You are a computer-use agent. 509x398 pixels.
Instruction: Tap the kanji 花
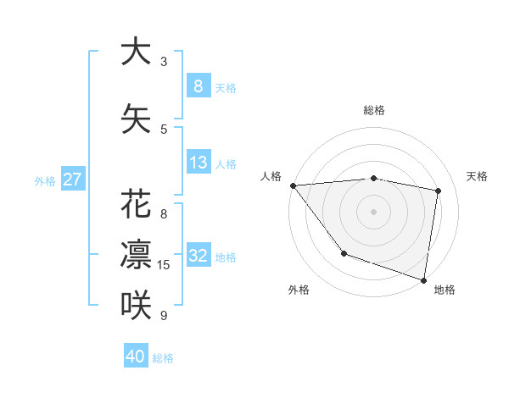(x=136, y=206)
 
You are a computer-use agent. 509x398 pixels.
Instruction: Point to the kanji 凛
(x=136, y=254)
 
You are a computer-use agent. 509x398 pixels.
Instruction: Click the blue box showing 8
(x=198, y=86)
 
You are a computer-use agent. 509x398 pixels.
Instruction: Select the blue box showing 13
(x=198, y=163)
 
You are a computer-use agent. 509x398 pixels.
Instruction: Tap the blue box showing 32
(x=198, y=256)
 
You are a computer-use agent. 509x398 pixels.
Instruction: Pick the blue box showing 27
(x=73, y=180)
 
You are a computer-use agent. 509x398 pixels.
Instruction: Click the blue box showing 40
(x=136, y=357)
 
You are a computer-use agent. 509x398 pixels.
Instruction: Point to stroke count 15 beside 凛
(x=164, y=265)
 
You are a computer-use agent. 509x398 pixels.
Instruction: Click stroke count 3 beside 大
(x=164, y=61)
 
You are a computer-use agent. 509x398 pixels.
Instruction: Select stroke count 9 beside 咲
(x=164, y=316)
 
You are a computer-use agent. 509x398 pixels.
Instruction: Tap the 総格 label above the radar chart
(x=374, y=110)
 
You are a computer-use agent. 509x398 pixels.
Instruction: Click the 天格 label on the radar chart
(x=477, y=176)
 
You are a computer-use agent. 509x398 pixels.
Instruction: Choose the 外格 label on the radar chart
(x=299, y=290)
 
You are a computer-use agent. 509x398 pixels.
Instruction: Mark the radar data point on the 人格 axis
(x=293, y=185)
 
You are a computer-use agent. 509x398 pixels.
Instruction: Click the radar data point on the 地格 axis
(x=423, y=279)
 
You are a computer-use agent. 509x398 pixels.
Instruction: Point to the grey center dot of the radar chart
(x=374, y=211)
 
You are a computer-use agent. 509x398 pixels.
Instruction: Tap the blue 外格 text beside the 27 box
(x=45, y=180)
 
